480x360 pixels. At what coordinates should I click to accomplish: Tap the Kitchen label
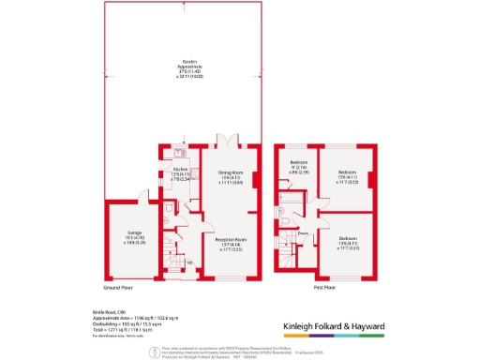click(181, 173)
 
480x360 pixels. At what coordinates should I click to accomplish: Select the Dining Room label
click(231, 178)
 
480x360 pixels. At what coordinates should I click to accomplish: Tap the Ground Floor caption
click(115, 290)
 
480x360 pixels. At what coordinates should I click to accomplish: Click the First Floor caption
click(325, 290)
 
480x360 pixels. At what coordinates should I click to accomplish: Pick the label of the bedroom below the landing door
click(347, 243)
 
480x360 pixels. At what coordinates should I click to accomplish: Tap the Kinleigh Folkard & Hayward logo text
click(348, 327)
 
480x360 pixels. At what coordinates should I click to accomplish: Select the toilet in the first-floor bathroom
click(284, 214)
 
